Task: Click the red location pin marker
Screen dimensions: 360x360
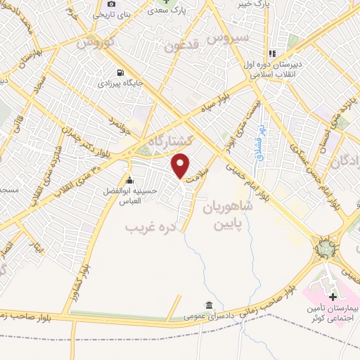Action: coord(181,166)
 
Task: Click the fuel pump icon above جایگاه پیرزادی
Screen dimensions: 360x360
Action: coord(122,72)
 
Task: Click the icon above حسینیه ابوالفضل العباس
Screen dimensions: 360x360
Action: coord(129,179)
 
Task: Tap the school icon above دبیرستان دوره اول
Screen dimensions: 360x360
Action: coord(271,53)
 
